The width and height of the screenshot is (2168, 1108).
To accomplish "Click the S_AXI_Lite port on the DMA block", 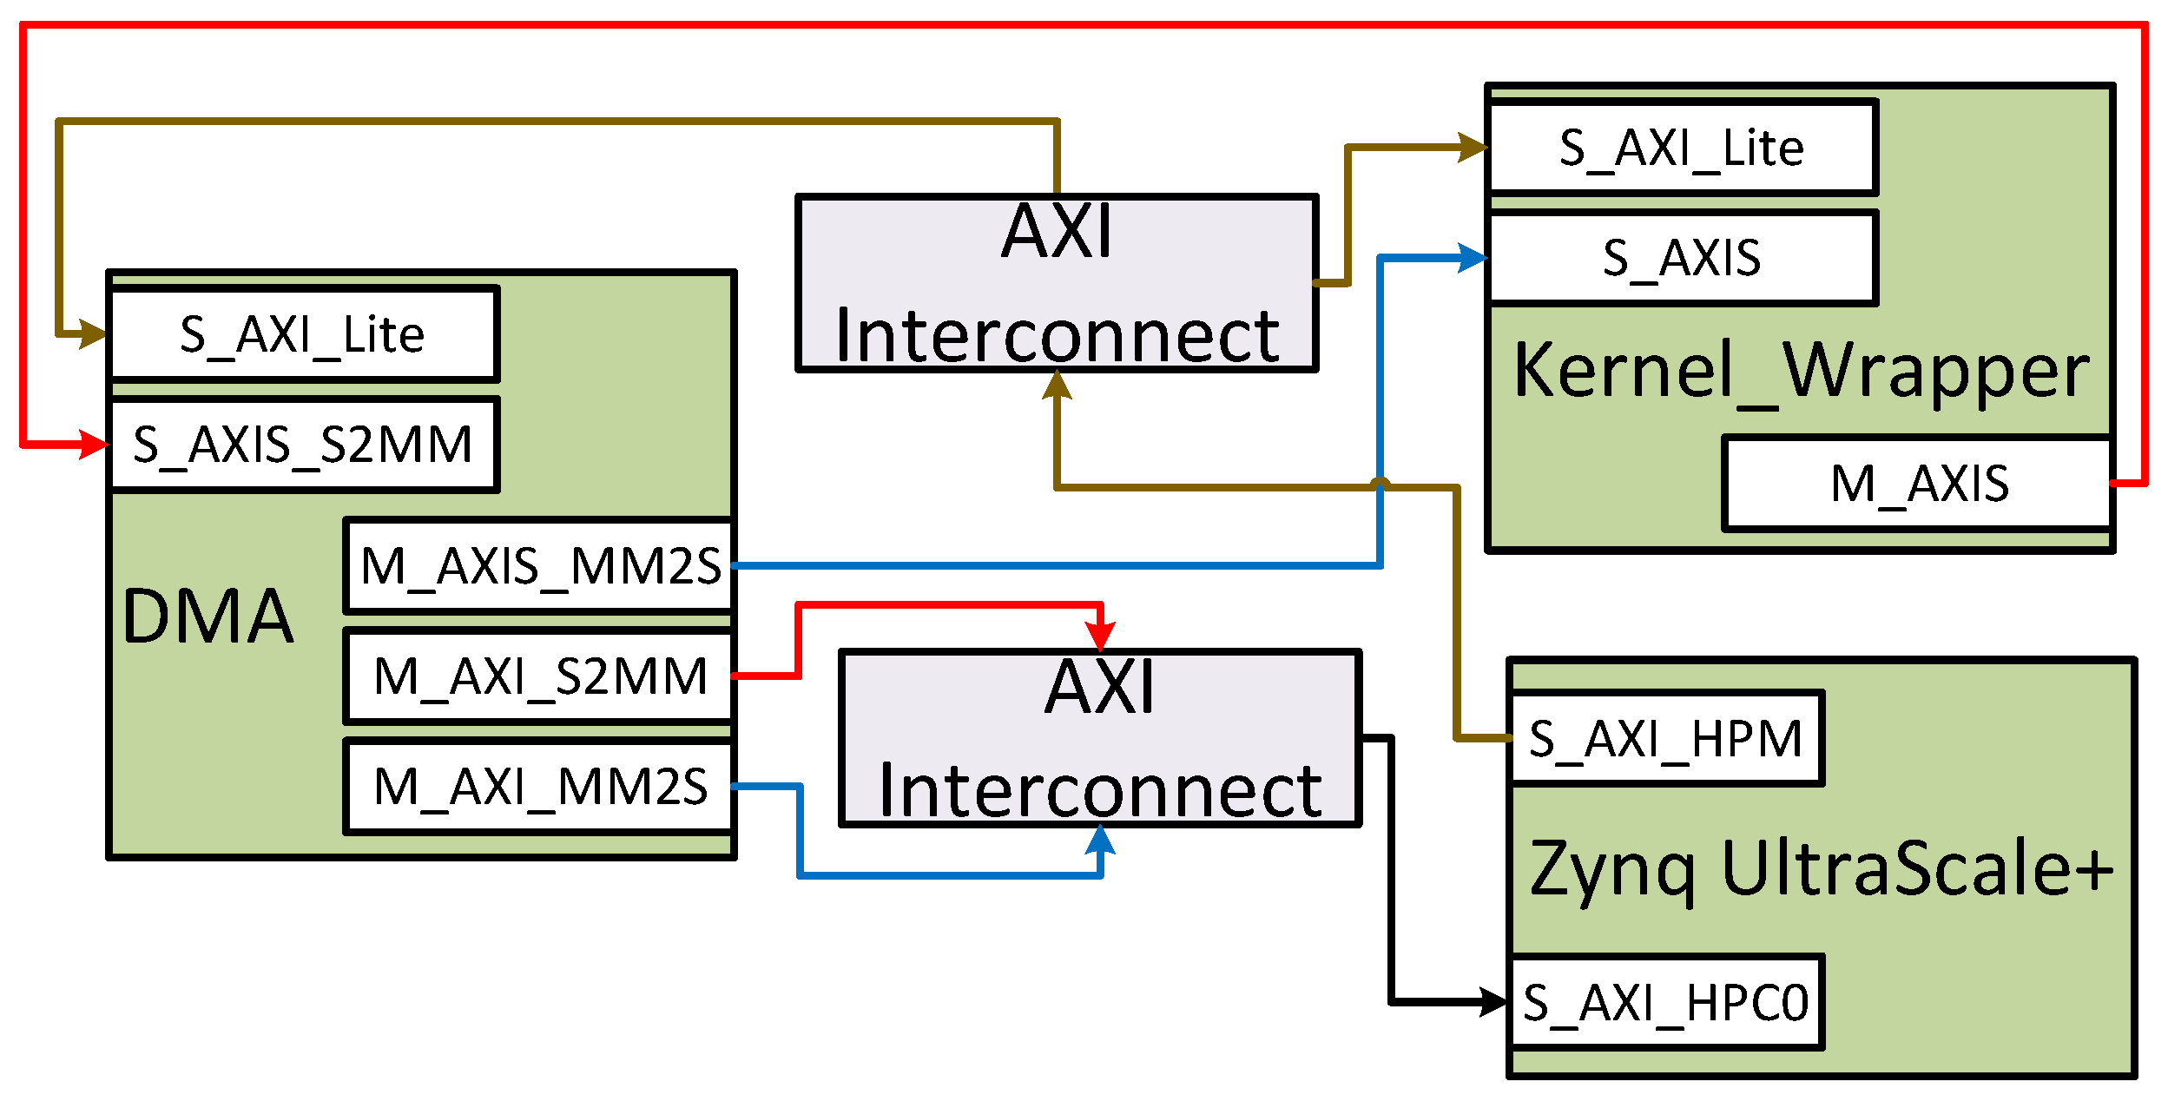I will click(303, 334).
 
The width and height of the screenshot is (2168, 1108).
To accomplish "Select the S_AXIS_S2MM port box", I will click(303, 445).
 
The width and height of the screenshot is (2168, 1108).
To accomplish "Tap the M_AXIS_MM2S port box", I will click(539, 566).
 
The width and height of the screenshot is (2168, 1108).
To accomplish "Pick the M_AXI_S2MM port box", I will click(539, 676).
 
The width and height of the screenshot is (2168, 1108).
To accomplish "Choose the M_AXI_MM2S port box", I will click(539, 787).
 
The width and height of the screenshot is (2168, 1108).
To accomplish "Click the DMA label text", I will click(208, 617).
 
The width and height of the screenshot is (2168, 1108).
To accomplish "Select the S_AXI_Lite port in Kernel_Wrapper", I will click(1682, 148).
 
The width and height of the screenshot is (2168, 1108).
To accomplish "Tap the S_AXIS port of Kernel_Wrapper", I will click(1682, 258).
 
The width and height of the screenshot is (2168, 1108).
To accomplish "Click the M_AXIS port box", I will click(1918, 484).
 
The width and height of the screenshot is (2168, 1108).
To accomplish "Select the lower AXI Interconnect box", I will click(1100, 738).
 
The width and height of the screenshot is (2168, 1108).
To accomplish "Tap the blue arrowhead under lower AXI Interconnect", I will click(1100, 841).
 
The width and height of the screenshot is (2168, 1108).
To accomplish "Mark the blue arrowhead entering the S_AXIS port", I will click(1473, 258).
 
